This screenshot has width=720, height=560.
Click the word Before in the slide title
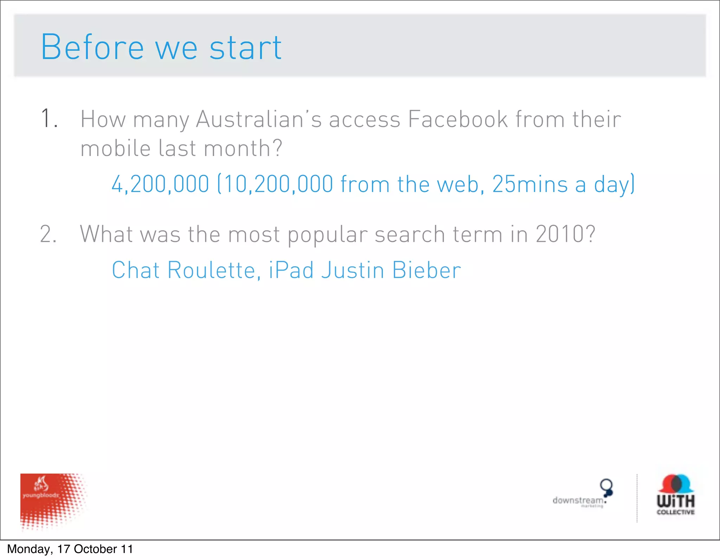[92, 47]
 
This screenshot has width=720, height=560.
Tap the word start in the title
[245, 48]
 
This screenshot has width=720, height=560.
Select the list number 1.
[48, 118]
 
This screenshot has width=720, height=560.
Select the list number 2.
[48, 234]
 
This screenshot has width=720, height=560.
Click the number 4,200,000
[160, 184]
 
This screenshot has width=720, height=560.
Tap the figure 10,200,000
[278, 184]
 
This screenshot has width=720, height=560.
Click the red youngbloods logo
[53, 501]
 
